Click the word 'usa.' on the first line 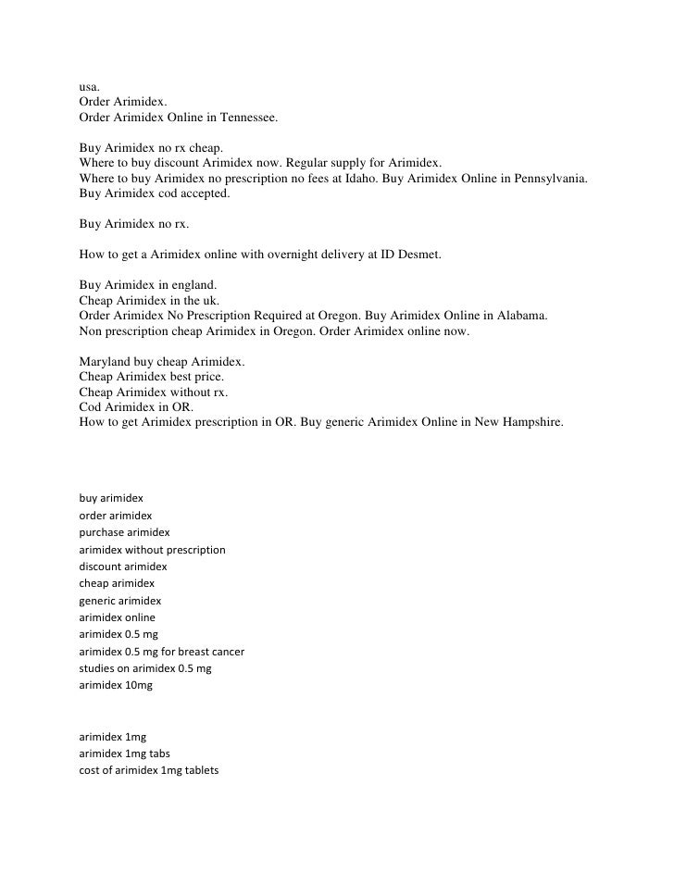point(90,88)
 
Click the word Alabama point(519,315)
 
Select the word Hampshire point(530,421)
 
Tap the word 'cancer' point(222,652)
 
